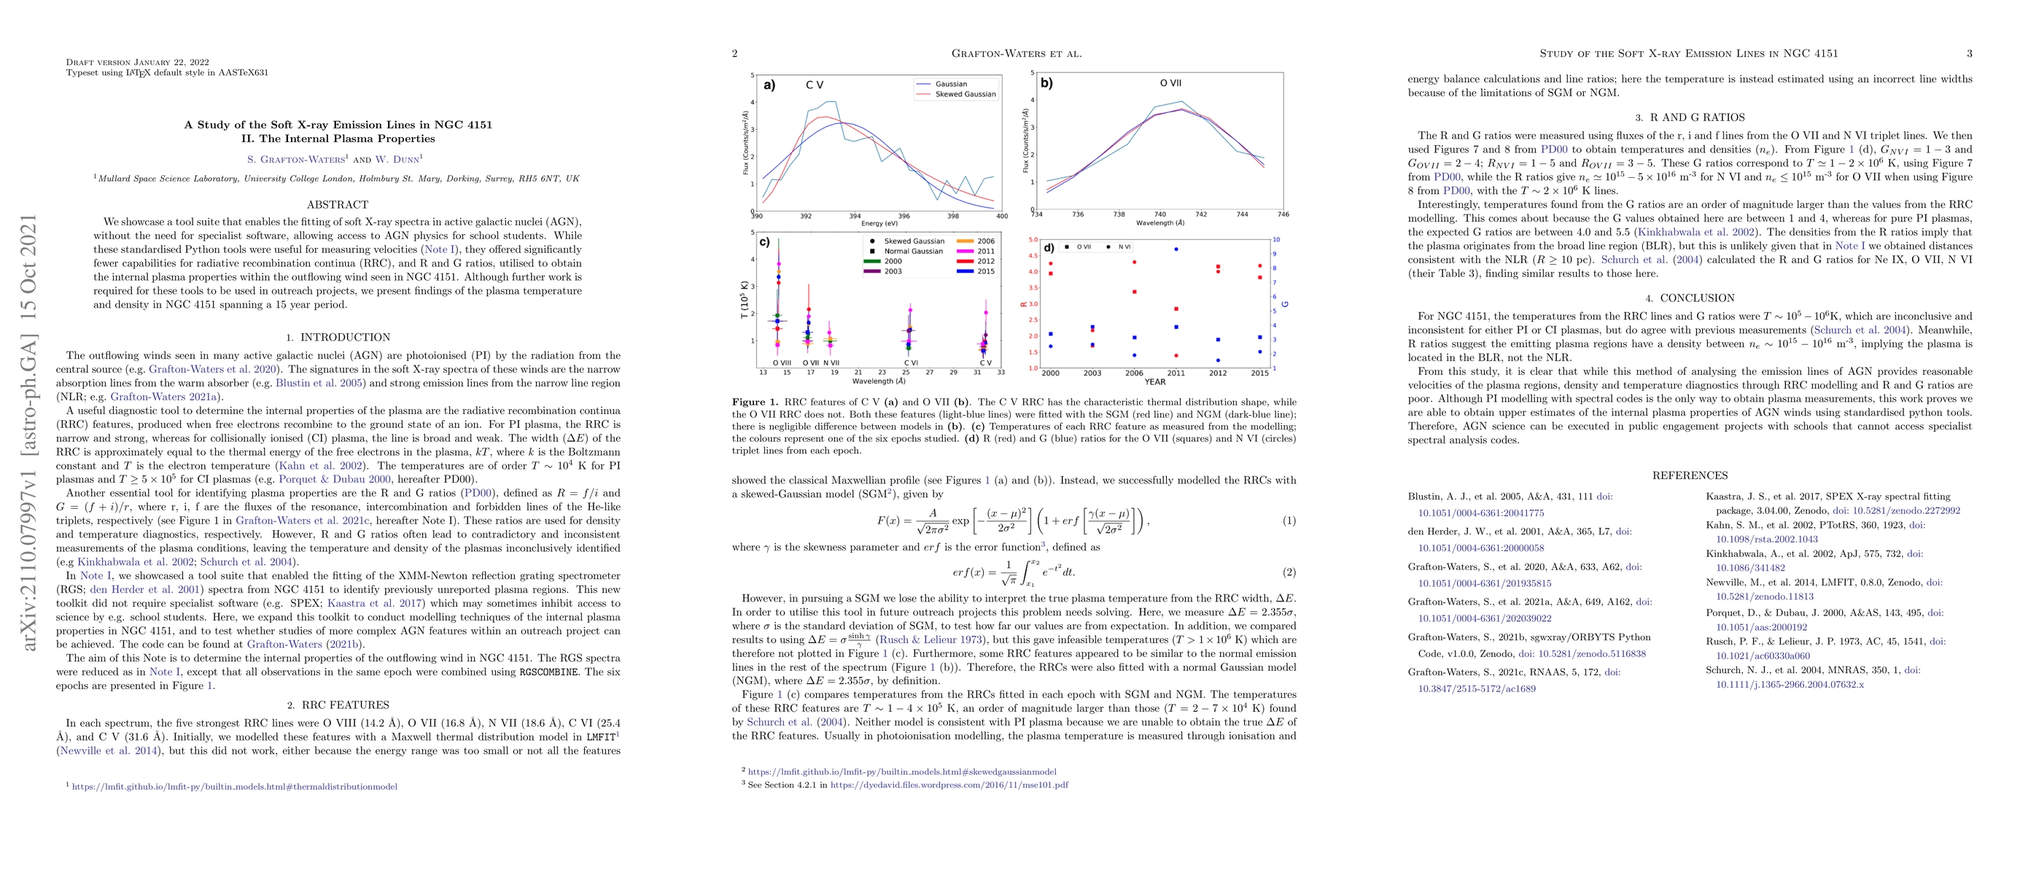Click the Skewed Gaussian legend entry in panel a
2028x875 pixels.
click(x=964, y=94)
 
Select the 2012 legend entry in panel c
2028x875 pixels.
click(x=986, y=261)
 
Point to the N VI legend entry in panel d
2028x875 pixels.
click(x=1124, y=247)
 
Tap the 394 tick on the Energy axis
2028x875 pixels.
click(x=855, y=217)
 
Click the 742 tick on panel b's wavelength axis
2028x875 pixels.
click(x=1200, y=214)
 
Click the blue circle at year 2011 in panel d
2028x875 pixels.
click(x=1176, y=249)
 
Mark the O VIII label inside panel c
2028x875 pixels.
click(x=781, y=362)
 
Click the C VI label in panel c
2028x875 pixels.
click(x=910, y=362)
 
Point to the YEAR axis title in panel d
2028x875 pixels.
click(x=1155, y=382)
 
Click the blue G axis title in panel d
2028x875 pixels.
click(x=1286, y=304)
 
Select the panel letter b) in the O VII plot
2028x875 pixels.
click(x=1046, y=82)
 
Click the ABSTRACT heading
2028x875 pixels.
click(x=338, y=205)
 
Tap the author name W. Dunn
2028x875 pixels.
click(x=397, y=159)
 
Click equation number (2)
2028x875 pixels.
click(x=1289, y=572)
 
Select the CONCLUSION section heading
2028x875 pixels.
click(x=1690, y=298)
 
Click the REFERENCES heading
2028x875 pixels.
click(x=1690, y=476)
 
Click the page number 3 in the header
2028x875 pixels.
click(x=1969, y=53)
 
